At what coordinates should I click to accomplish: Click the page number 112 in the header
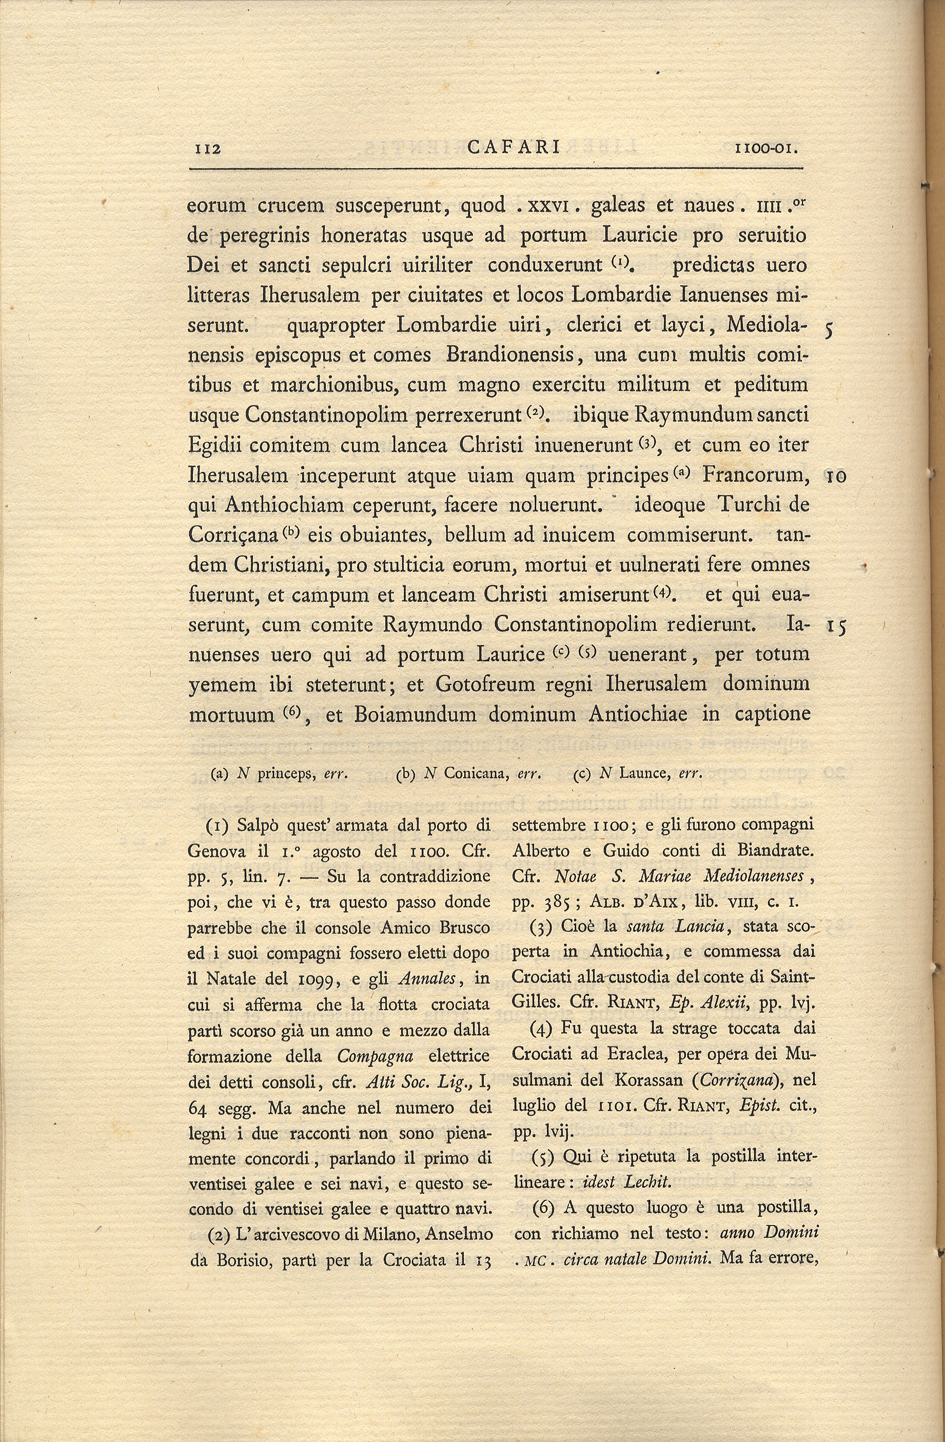coord(207,148)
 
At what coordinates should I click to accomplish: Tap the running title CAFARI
coord(514,148)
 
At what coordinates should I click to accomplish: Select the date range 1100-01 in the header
coord(767,148)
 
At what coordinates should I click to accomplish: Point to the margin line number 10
coord(837,476)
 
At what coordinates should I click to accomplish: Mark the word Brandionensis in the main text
coord(510,354)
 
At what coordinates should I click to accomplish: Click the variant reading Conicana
coord(475,774)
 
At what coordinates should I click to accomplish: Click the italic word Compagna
coord(375,1056)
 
